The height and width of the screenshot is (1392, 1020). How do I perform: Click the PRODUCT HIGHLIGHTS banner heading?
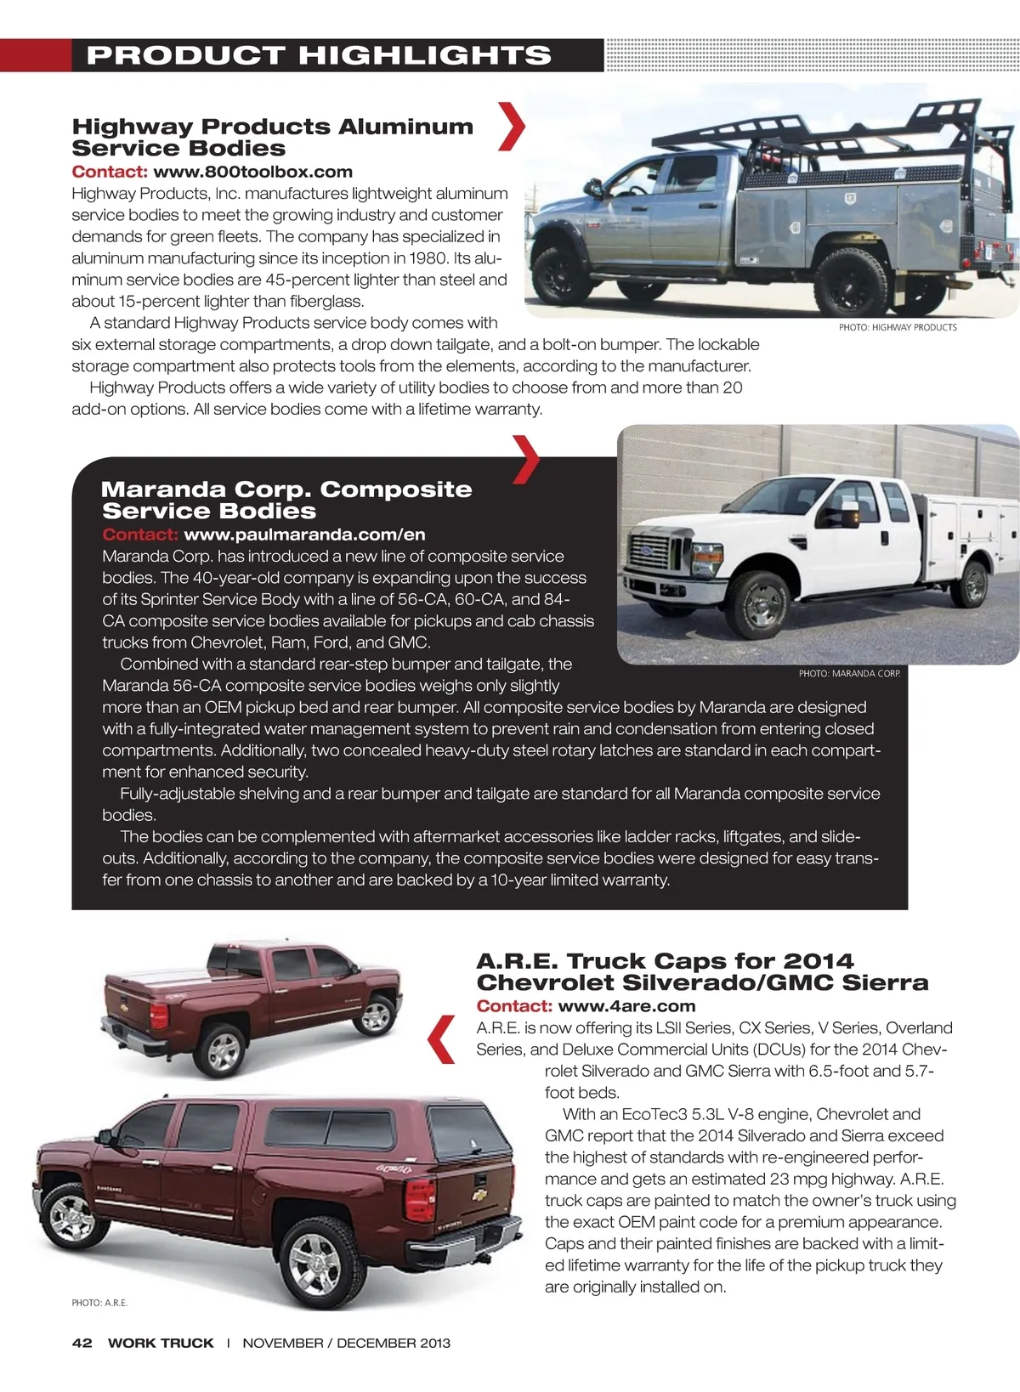coord(319,55)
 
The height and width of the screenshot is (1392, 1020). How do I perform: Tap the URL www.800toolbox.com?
coord(252,172)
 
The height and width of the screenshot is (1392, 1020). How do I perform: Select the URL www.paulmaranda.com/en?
coord(304,535)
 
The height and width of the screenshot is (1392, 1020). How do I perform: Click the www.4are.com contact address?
coord(626,1006)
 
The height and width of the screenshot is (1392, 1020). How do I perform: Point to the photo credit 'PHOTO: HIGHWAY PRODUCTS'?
coord(898,327)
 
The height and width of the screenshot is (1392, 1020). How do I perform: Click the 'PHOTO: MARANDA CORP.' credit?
coord(849,673)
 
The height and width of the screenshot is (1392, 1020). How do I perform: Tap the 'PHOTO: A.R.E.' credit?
coord(99,1303)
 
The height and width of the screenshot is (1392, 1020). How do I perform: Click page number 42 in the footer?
coord(82,1343)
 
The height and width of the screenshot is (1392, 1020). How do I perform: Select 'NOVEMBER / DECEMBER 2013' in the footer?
coord(346,1343)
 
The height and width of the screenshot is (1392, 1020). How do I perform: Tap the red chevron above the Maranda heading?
coord(527,459)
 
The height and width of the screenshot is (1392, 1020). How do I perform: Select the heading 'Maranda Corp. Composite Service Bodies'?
coord(286,500)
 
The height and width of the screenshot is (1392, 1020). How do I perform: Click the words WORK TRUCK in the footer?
coord(161,1343)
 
